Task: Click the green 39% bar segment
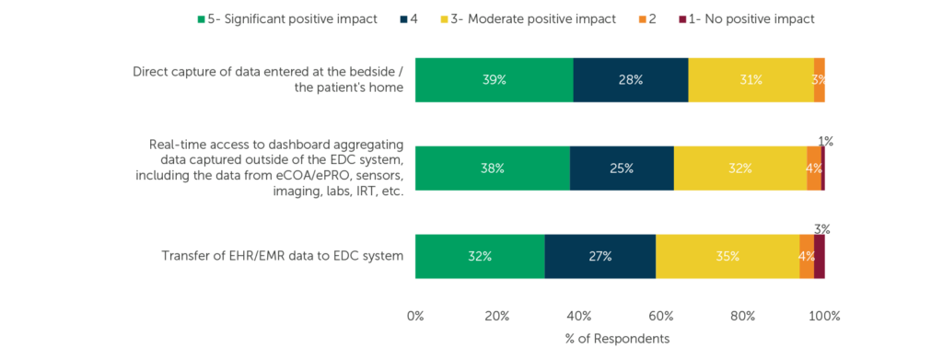pyautogui.click(x=494, y=80)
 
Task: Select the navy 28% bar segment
pyautogui.click(x=630, y=80)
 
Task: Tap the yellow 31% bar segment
pyautogui.click(x=751, y=80)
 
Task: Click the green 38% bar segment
pyautogui.click(x=492, y=168)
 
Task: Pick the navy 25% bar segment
pyautogui.click(x=622, y=168)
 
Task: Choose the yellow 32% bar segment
pyautogui.click(x=739, y=168)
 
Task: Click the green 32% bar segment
pyautogui.click(x=480, y=257)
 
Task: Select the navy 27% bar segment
pyautogui.click(x=600, y=257)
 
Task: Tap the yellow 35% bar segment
pyautogui.click(x=728, y=257)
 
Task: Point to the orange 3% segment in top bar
pyautogui.click(x=819, y=80)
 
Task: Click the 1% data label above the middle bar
pyautogui.click(x=825, y=142)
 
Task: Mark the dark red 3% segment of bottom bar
pyautogui.click(x=819, y=257)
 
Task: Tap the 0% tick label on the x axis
pyautogui.click(x=415, y=316)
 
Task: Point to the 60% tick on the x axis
pyautogui.click(x=660, y=316)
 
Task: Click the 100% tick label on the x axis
pyautogui.click(x=824, y=316)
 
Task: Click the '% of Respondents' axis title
pyautogui.click(x=617, y=339)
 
